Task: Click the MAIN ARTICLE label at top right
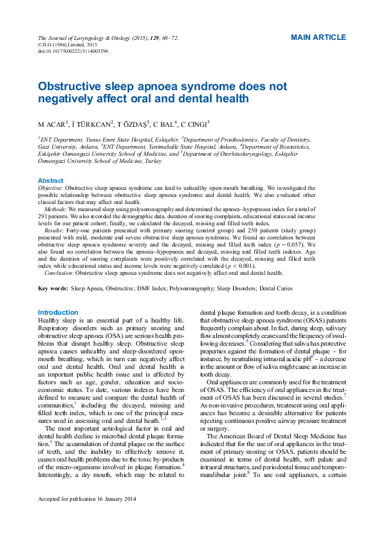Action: [318, 37]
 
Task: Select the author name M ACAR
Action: [54, 124]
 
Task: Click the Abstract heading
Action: [51, 180]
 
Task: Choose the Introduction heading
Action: [58, 312]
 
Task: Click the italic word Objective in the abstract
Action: [50, 187]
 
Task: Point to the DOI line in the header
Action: [73, 50]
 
